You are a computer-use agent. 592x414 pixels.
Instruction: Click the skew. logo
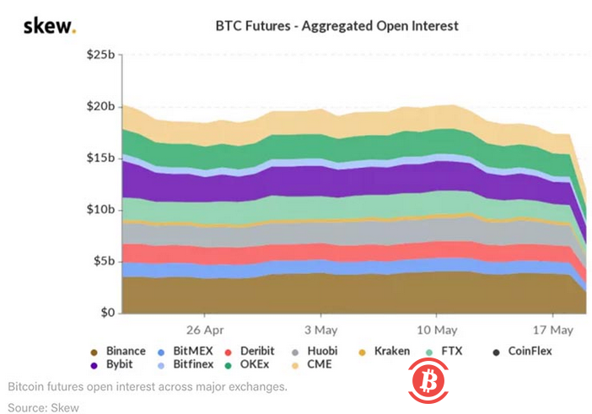[x=48, y=26]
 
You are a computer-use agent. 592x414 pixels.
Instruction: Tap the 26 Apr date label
[x=205, y=329]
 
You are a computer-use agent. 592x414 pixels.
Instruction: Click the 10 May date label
[x=437, y=329]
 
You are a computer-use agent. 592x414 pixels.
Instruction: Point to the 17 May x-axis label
[x=553, y=329]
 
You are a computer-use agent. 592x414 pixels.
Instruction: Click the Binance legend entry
[x=118, y=351]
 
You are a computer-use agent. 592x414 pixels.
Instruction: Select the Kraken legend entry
[x=384, y=351]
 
